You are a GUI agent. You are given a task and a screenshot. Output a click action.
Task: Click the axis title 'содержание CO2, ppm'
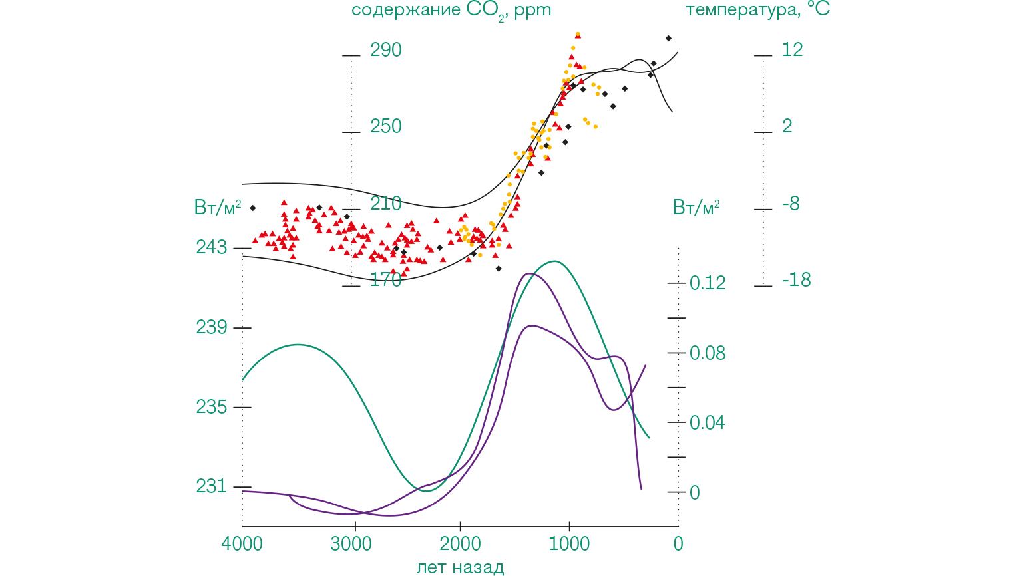click(451, 11)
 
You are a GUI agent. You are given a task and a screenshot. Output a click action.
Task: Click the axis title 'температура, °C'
click(757, 10)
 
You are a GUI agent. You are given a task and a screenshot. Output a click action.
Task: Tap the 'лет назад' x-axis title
click(460, 567)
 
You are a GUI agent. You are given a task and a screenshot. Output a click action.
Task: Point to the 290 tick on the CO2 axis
click(386, 50)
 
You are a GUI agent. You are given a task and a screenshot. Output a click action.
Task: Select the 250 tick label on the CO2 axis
click(386, 126)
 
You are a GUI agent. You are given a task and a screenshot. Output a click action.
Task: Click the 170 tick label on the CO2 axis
click(386, 280)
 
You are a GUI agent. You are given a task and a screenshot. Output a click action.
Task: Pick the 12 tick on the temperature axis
click(792, 49)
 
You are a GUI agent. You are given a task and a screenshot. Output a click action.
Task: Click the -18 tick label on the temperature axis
click(797, 280)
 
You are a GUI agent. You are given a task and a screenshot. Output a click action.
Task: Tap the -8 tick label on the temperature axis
click(791, 204)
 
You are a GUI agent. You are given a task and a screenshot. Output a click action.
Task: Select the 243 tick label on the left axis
click(212, 247)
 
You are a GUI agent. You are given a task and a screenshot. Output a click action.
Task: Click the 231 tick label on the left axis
click(212, 486)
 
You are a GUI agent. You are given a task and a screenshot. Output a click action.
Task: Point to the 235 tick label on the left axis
click(212, 407)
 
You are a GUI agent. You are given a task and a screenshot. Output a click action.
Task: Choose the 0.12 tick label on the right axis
click(708, 283)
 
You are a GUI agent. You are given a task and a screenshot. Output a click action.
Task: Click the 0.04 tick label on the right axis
click(708, 422)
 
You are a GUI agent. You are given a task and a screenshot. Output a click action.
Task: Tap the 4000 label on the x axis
click(242, 544)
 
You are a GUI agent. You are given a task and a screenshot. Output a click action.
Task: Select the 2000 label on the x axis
click(460, 544)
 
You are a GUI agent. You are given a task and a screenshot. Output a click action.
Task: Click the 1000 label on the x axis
click(569, 544)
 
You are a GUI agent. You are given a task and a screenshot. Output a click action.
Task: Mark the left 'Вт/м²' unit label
click(218, 208)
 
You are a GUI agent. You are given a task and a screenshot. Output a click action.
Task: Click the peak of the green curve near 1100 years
click(554, 261)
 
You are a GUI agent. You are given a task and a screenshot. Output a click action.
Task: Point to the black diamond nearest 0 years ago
click(668, 38)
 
